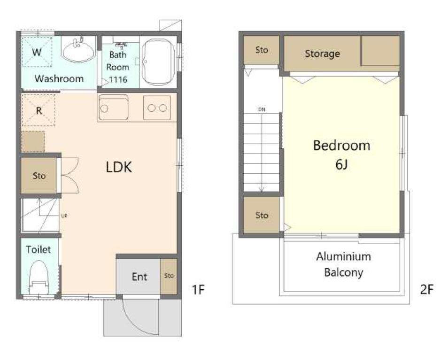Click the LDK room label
coord(119,167)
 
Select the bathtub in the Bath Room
coord(158,62)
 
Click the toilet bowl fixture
coord(39,278)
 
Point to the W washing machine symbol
coord(37,52)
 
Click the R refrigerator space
coord(39,110)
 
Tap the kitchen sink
coord(114,108)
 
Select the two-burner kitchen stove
coord(157,108)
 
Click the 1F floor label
coord(198,290)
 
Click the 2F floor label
coord(427,290)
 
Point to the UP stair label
coord(64,216)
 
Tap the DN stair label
coord(262,109)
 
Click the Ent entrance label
coord(139,277)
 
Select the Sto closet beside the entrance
coord(169,276)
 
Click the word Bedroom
coord(342,146)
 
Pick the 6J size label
coord(341,164)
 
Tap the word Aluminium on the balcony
coord(343,256)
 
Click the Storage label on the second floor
coord(322,54)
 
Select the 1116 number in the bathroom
coord(118,79)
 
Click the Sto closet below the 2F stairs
coord(262,215)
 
